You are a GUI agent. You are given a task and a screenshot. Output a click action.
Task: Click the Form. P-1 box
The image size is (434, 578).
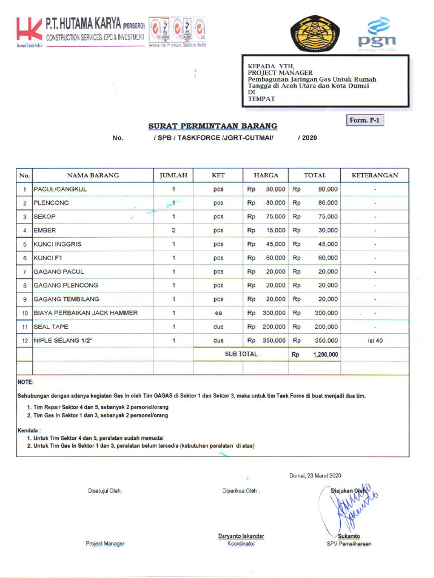pos(364,120)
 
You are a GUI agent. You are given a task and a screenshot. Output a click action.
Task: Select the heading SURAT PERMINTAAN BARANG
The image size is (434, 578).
pos(212,125)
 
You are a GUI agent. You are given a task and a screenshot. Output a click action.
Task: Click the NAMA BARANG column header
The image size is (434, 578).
pos(93,176)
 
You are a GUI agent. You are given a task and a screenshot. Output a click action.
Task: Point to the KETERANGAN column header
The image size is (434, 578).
pos(375,176)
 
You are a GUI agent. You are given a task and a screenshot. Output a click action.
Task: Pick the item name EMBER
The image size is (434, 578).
pos(45,230)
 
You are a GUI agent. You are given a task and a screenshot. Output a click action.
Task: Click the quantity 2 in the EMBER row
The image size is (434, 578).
pos(173,230)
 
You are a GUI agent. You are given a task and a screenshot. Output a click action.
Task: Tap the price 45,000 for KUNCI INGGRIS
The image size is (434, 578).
pos(274,244)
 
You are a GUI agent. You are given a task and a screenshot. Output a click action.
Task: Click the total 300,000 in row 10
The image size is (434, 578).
pos(326,313)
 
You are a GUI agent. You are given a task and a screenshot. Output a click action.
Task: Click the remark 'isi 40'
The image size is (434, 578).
pos(375,340)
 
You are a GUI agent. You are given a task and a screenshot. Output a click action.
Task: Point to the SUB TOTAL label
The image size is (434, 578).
pos(241,354)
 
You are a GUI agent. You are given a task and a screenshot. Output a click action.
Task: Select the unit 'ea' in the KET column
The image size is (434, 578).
pos(218,313)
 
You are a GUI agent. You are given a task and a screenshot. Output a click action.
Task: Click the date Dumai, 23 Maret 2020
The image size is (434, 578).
pos(315,476)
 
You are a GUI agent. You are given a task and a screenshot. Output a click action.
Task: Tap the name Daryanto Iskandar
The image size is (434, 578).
pos(241,536)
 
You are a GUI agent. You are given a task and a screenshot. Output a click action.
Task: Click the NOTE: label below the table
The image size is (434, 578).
pos(26,382)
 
